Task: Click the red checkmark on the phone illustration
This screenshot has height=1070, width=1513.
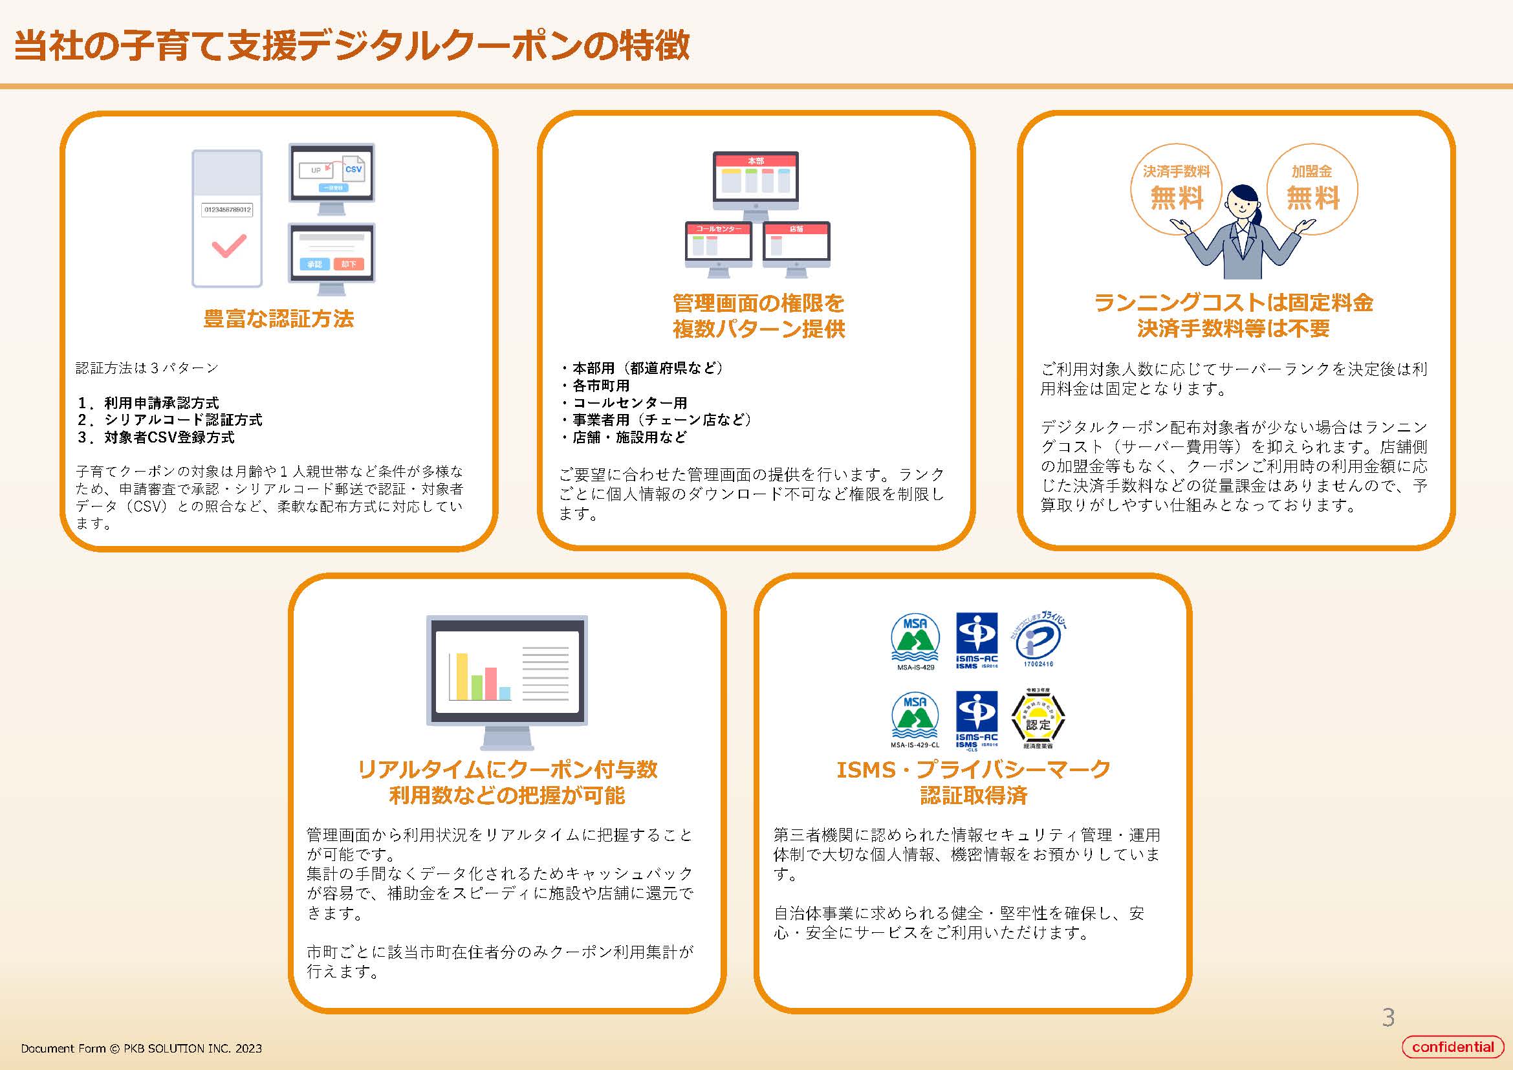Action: coord(228,246)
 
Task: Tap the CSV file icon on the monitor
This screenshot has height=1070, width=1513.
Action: coord(353,169)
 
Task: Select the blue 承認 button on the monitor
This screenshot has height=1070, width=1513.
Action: coord(314,264)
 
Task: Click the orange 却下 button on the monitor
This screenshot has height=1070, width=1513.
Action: coord(349,264)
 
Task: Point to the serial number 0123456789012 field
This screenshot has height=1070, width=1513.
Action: coord(227,210)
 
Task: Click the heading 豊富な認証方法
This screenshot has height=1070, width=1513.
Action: coord(278,319)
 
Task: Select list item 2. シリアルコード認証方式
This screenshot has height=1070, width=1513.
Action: coord(170,420)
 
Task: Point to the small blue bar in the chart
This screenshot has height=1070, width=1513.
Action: coord(505,693)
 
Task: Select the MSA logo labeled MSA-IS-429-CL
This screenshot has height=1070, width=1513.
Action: coord(915,719)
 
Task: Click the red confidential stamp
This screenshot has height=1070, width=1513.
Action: coord(1452,1047)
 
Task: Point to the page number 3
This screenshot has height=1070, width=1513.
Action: coord(1388,1018)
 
